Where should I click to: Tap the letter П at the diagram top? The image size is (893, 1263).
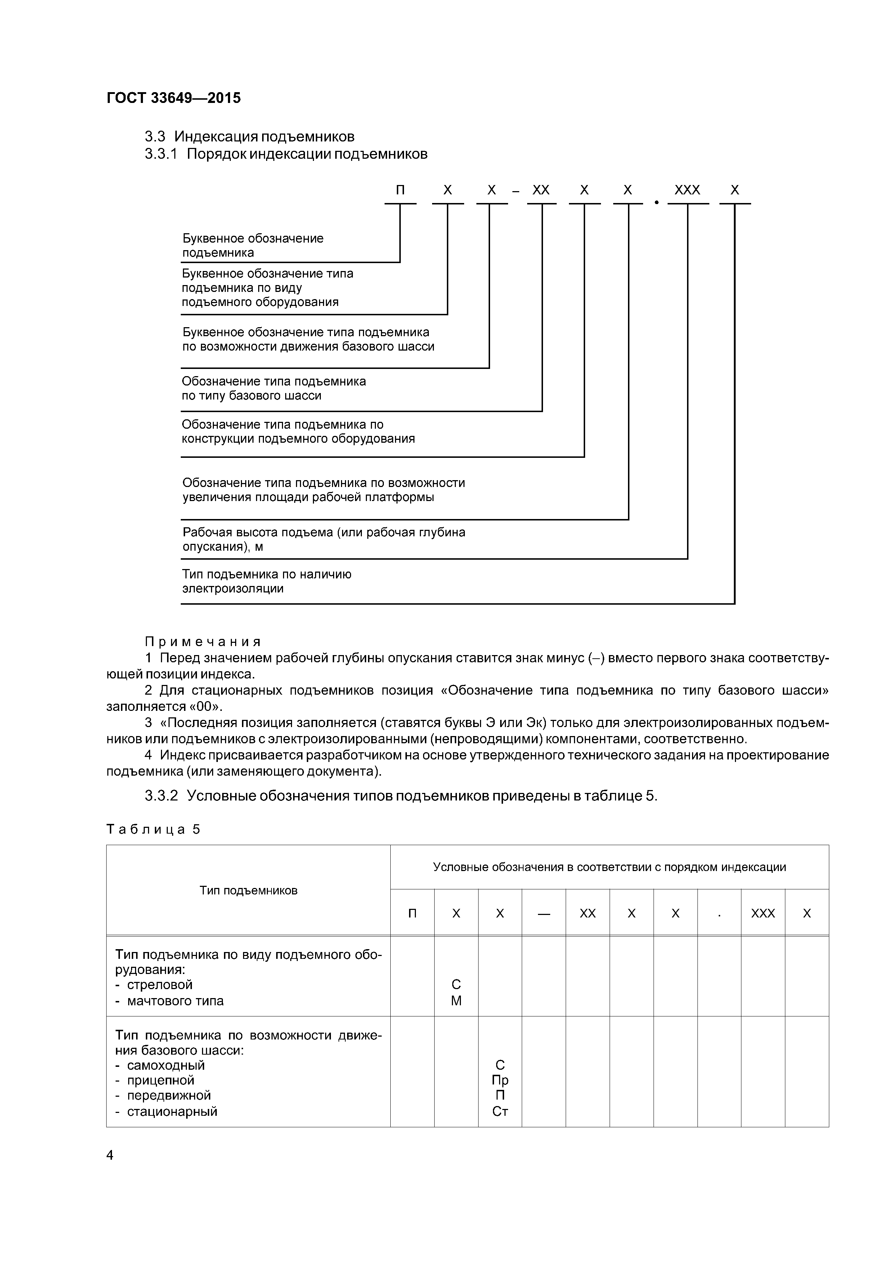[400, 190]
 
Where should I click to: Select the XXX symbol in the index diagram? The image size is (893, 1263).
[687, 190]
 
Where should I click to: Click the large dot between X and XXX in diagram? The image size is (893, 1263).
[656, 203]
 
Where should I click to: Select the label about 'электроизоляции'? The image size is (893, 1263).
[266, 581]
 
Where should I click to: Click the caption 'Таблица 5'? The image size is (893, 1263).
[153, 829]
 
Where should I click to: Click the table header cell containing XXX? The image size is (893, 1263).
[763, 914]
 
